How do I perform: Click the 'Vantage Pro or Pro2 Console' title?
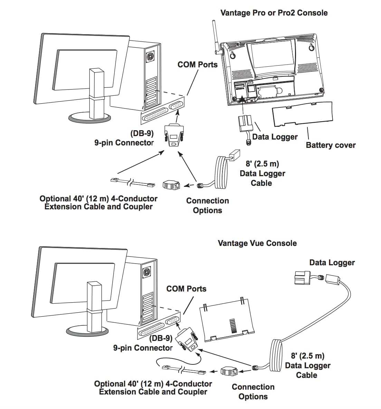tap(274, 13)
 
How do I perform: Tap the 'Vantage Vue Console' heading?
tap(257, 243)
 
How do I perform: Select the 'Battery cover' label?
tap(330, 145)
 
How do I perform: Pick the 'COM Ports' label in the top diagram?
tap(197, 65)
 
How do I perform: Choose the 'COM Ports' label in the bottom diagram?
tap(186, 289)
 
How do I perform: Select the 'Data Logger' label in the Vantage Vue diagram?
tap(332, 263)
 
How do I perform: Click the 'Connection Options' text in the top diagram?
tap(207, 206)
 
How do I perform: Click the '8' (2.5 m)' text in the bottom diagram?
tap(307, 356)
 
